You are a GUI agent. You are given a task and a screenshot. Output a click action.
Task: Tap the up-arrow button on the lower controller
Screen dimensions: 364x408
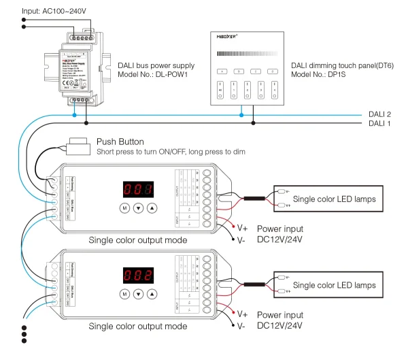[152, 294]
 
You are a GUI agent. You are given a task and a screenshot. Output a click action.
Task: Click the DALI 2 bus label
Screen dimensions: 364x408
[379, 114]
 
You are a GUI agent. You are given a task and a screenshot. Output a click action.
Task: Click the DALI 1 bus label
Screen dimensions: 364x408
[379, 124]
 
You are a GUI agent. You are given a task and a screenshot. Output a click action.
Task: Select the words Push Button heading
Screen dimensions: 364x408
[120, 142]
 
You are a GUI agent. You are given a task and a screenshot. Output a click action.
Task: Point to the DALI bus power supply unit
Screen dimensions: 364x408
[78, 68]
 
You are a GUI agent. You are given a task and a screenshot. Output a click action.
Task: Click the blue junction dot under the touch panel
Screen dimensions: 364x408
[240, 115]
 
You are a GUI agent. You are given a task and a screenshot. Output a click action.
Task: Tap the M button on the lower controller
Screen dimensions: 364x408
[124, 294]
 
